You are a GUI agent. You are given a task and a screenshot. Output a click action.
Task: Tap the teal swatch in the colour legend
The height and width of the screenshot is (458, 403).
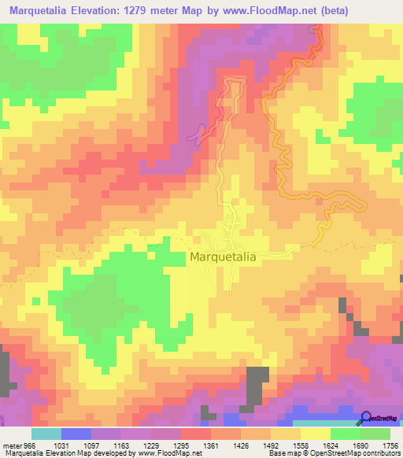tap(46, 434)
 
